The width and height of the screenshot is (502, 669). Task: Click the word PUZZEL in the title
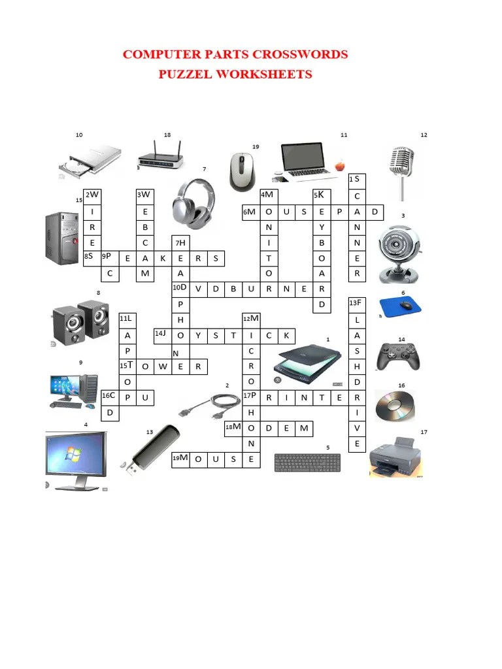(186, 74)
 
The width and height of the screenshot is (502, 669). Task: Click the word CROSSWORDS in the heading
(293, 54)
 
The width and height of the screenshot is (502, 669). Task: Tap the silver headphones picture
(193, 200)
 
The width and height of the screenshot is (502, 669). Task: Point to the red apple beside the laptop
(339, 165)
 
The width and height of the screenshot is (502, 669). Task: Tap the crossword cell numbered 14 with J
(162, 335)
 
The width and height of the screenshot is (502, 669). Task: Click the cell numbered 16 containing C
(110, 397)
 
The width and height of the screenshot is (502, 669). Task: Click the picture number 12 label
(424, 135)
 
